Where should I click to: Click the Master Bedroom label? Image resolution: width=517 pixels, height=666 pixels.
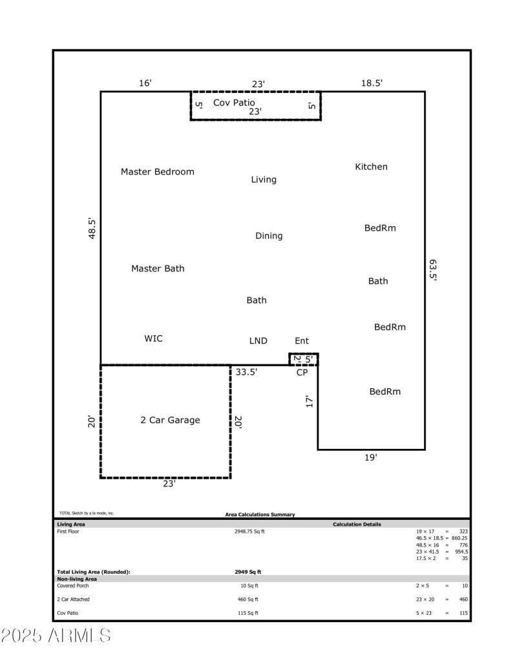coord(157,172)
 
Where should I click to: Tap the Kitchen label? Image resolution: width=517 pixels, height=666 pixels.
coord(371,167)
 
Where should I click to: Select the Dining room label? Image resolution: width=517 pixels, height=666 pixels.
coord(269,236)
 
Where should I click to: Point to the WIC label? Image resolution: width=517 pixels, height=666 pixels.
coord(153,339)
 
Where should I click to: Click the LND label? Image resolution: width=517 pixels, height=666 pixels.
coord(258,340)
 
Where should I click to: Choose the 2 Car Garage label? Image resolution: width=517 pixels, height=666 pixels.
coord(170,420)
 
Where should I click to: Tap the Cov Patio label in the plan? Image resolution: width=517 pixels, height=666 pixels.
coord(234,103)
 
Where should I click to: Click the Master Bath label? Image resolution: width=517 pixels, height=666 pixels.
coord(158,268)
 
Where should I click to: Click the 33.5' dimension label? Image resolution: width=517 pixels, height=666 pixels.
coord(247,372)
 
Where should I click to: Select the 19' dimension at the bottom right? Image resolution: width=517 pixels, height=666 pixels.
coord(370,457)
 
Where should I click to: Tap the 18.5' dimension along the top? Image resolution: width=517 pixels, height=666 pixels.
coord(372,83)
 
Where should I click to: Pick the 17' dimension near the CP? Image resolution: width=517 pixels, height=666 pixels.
coord(310,401)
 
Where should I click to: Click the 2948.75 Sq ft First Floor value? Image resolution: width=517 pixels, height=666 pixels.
coord(249,532)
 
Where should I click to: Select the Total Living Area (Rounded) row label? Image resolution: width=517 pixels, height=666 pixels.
coord(94,572)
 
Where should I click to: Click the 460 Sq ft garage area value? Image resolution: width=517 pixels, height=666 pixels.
coord(249,599)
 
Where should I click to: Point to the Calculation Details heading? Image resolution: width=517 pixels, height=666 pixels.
coord(357,525)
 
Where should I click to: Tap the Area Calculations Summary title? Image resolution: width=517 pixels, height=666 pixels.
coord(260,514)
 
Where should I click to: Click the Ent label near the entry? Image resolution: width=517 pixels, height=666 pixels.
coord(302,340)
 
